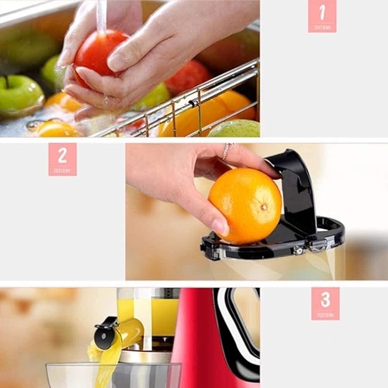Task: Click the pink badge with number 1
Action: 322,16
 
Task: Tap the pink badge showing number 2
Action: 62,159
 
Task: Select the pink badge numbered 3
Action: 325,303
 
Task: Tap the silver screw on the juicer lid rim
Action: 298,250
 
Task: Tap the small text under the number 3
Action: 325,314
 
